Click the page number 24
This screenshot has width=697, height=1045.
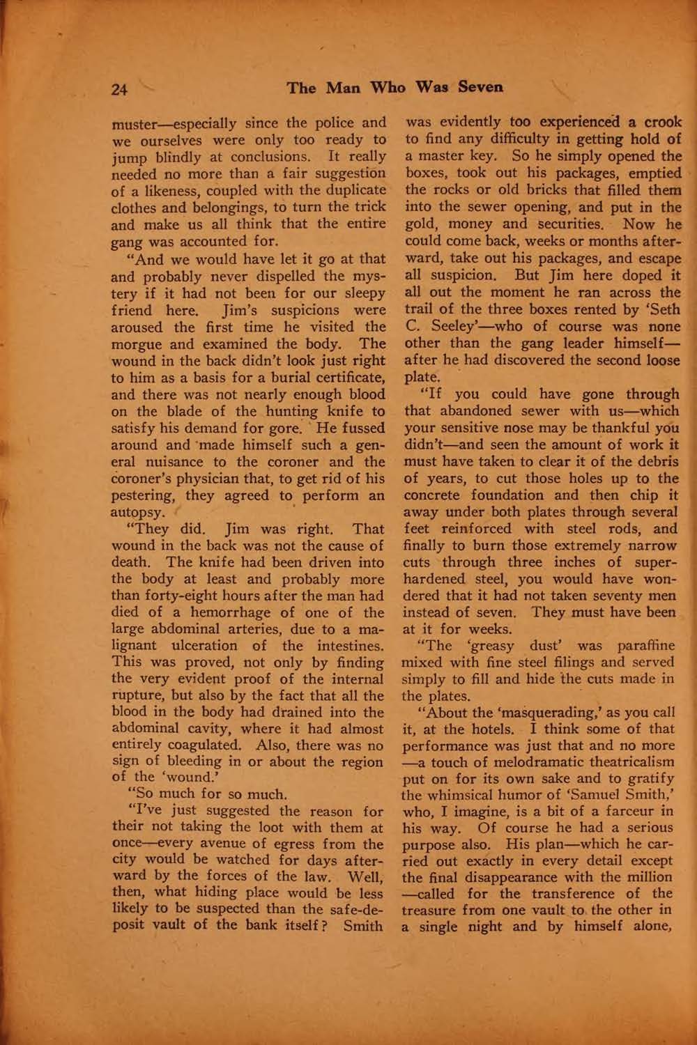pos(120,88)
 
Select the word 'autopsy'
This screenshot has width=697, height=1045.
pos(139,513)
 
